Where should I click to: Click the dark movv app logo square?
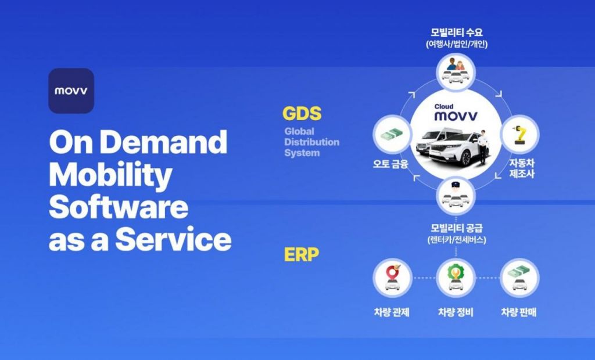coord(71,91)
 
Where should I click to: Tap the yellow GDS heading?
coord(302,113)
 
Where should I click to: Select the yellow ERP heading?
coord(302,254)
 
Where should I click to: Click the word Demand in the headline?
coord(163,141)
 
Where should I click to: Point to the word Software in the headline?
coord(119,207)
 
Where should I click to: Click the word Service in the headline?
coord(173,240)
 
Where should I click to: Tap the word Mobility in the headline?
coord(110,175)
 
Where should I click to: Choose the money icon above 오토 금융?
coord(392,134)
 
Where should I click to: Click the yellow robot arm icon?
coord(519,135)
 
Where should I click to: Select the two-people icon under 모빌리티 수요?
coord(456,71)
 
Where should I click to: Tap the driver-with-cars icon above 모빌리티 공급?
coord(456,196)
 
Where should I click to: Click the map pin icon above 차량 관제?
coord(392,278)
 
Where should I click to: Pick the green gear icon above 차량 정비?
coord(456,278)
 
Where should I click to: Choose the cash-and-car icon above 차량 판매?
coord(519,278)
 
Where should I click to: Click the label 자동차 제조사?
coord(522,168)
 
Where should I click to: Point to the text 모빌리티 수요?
coord(457,33)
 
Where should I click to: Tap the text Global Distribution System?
coord(311,142)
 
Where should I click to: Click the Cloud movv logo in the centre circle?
coord(456,113)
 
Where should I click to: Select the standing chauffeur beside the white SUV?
coord(483,147)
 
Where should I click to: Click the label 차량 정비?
coord(456,312)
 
